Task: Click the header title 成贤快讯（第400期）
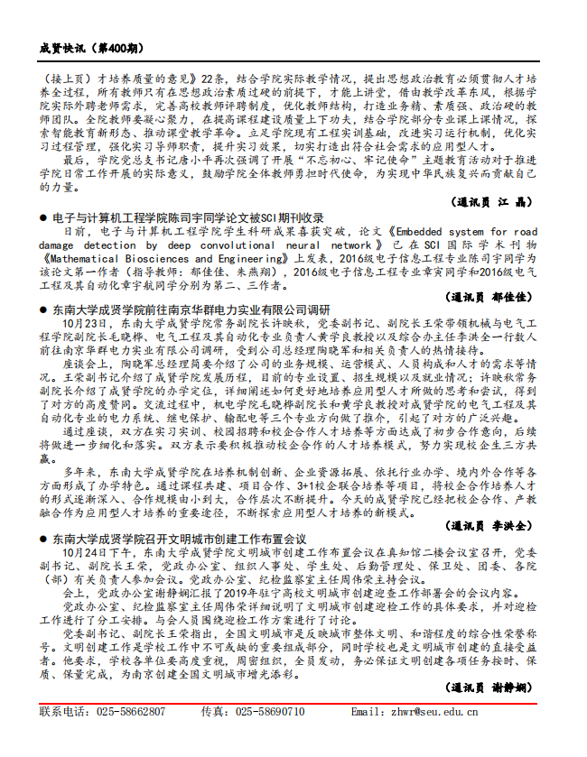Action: [90, 47]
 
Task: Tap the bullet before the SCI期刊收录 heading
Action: [43, 218]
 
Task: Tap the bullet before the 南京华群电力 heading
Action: [43, 309]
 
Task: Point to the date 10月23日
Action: [85, 323]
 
